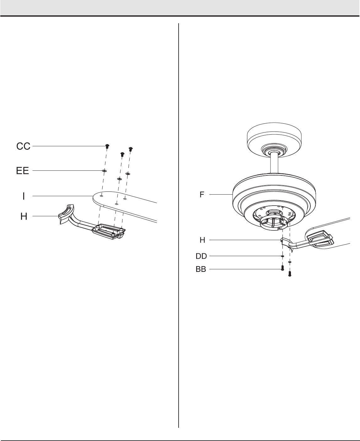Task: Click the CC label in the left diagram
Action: coord(24,146)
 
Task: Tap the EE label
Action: coord(23,171)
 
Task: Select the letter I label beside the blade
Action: coord(24,196)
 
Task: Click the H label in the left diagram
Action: coord(24,216)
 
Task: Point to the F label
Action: coord(202,195)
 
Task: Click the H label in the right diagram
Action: coord(202,240)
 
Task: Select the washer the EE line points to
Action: coord(104,171)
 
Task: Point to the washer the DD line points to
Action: coord(282,256)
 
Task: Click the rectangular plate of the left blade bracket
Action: coord(109,232)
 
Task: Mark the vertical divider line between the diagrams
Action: coord(179,220)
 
